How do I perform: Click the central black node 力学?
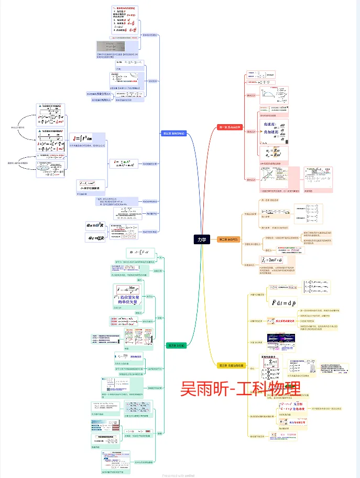click(202, 239)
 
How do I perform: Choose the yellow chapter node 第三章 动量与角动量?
click(231, 365)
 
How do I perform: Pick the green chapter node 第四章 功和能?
click(176, 346)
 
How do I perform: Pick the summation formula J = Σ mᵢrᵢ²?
click(123, 163)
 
